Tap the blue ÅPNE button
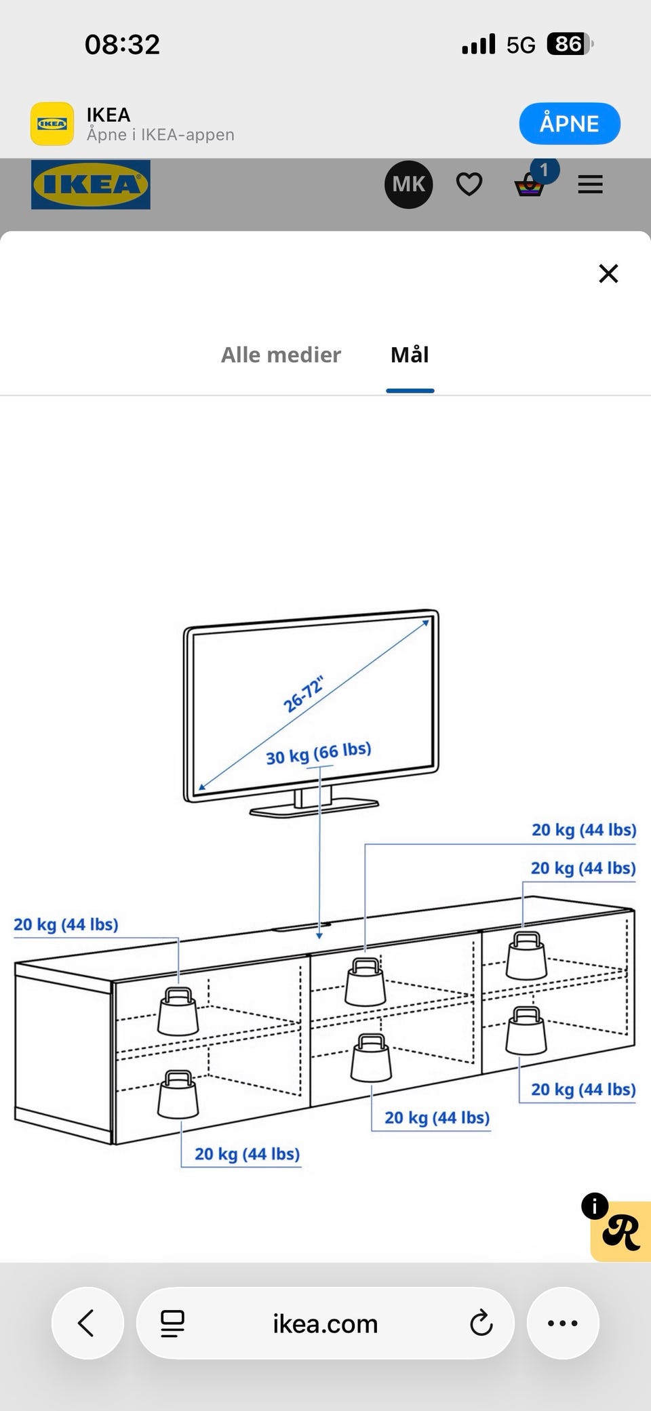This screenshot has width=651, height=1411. click(x=570, y=123)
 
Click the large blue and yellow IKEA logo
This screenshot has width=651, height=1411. click(x=91, y=184)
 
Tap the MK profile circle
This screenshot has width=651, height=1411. click(x=408, y=184)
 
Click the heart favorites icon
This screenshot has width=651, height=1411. click(x=469, y=184)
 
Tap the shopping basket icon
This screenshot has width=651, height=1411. click(x=530, y=184)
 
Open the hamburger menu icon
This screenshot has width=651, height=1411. click(x=590, y=184)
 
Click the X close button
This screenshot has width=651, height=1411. click(x=608, y=273)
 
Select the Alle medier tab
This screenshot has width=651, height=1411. click(x=281, y=355)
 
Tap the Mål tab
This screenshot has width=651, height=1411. click(x=410, y=355)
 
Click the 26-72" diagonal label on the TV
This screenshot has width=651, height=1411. click(x=304, y=694)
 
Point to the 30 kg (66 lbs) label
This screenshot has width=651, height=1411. click(x=319, y=753)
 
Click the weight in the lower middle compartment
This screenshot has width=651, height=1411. click(x=371, y=1058)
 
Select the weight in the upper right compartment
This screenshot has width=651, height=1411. click(x=526, y=955)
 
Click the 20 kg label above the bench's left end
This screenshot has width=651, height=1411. click(x=66, y=925)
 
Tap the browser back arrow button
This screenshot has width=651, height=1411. click(x=87, y=1323)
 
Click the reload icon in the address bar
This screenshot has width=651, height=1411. click(x=481, y=1323)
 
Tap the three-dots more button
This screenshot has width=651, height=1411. click(x=563, y=1323)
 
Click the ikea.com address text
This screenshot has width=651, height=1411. click(x=325, y=1324)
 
